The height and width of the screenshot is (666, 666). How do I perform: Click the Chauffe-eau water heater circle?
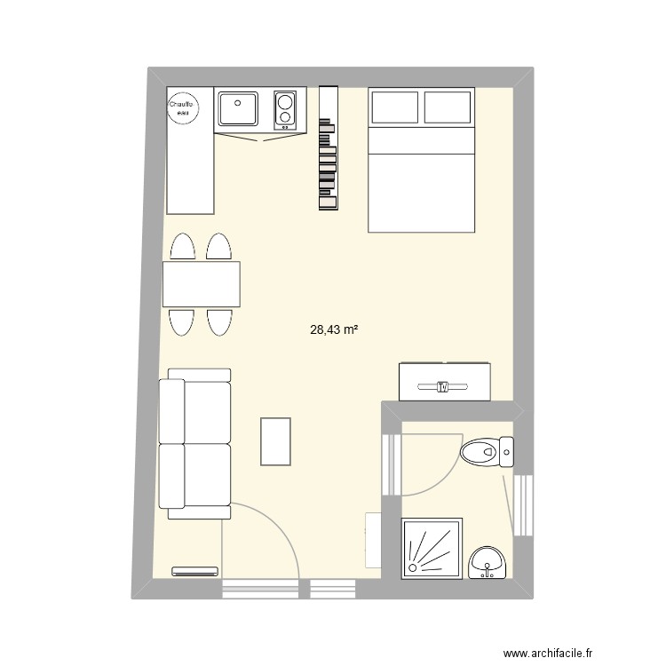coord(184,108)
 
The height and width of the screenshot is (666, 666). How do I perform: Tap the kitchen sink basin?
coord(238,108)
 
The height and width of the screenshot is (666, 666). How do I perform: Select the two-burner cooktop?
coord(285,110)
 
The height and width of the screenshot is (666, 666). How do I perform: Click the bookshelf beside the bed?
coord(329,147)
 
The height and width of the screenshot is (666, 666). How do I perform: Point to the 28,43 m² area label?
coord(334,329)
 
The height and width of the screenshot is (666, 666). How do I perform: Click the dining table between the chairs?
coord(202,284)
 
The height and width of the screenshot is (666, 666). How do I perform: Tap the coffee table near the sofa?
coord(275,441)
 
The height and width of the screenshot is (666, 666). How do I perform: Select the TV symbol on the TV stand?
coord(442,386)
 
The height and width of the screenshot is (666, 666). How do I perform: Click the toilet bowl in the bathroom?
coord(480,452)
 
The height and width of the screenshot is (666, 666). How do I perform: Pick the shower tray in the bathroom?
coord(432,549)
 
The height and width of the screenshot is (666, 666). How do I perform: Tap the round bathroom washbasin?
coord(488,562)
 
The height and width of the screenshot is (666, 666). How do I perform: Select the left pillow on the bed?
coord(395,107)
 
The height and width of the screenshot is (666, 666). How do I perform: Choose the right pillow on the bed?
coord(448,107)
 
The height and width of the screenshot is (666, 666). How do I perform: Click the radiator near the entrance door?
coord(195,571)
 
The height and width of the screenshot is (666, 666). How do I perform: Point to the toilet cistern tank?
coord(506,452)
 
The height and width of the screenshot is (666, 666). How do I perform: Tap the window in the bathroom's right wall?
coord(523,505)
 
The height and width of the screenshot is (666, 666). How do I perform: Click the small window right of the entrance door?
coord(333,589)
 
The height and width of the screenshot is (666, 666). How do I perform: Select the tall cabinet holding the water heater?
coord(190,150)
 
